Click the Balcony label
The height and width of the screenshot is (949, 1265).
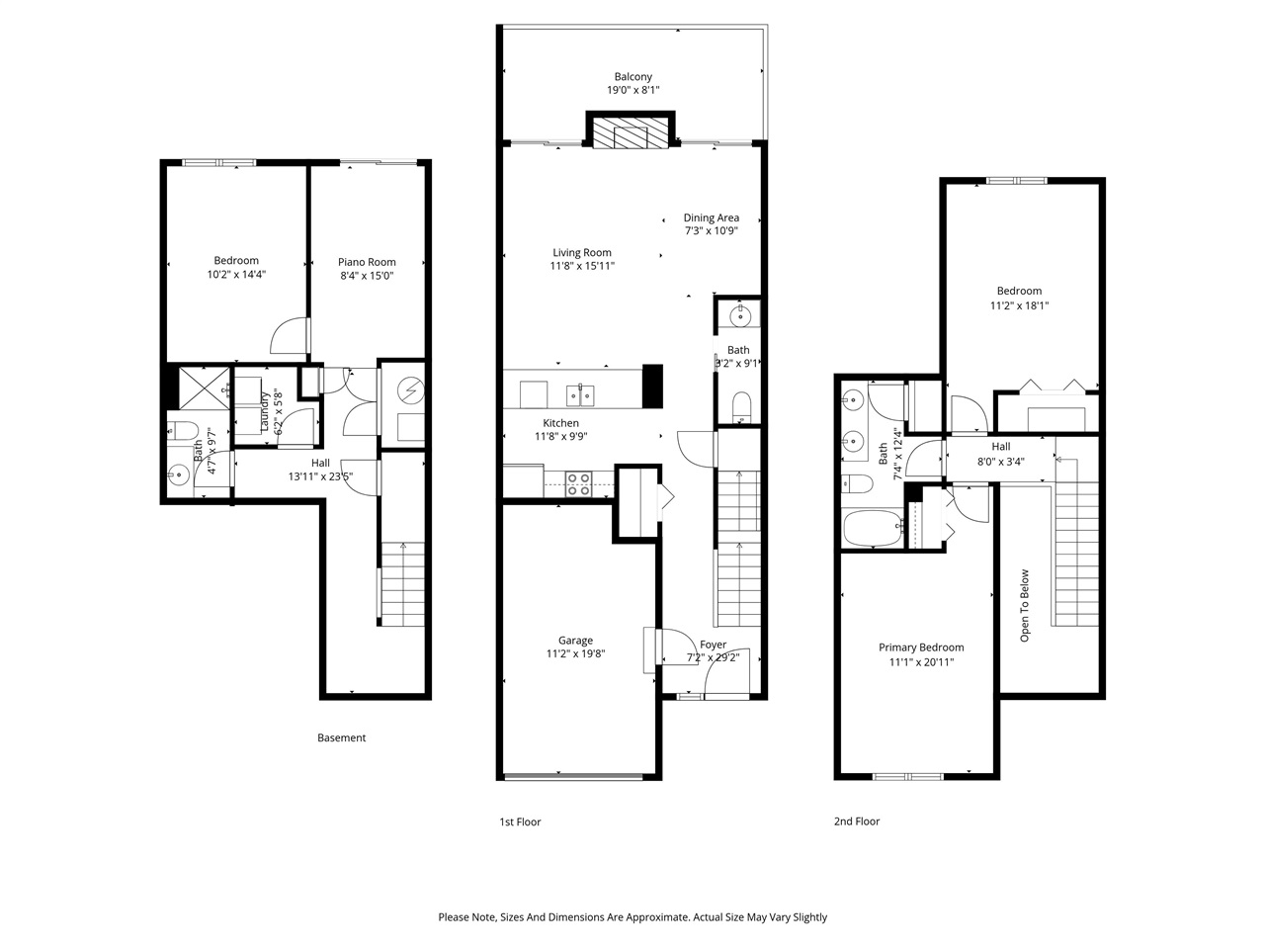coord(632,77)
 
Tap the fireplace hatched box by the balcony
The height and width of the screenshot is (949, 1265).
coord(632,136)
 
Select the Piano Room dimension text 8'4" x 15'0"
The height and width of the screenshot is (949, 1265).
coord(367,277)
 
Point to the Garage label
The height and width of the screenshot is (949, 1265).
coord(575,641)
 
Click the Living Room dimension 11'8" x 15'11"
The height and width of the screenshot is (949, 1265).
coord(582,266)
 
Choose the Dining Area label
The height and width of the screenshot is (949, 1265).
coord(711,218)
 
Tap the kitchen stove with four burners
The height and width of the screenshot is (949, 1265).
coord(578,484)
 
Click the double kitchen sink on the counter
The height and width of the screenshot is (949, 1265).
coord(580,395)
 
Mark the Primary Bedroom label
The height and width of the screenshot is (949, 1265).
coord(921,647)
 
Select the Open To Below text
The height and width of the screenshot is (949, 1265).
coord(1025,605)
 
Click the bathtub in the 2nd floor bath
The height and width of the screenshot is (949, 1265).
coord(873,528)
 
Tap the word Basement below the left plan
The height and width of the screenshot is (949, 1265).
coord(341,737)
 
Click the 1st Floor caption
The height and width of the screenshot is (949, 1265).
coord(519,821)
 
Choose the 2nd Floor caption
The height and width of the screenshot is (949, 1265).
coord(856,821)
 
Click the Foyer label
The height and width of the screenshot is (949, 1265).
coord(713,645)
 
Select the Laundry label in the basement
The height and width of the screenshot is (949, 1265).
coord(265,411)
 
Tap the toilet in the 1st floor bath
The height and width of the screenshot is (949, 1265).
coord(739,405)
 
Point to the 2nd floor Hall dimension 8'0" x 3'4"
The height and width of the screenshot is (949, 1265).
coord(1000,461)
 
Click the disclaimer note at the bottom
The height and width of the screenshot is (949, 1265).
coord(632,917)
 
